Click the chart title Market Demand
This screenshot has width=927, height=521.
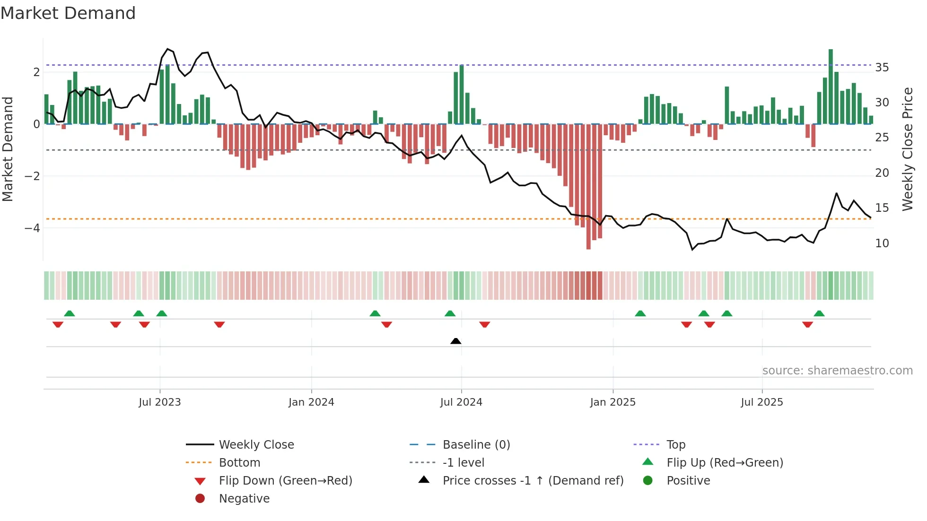(68, 13)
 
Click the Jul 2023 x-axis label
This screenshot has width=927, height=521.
(160, 402)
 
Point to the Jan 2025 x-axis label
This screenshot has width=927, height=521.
(613, 402)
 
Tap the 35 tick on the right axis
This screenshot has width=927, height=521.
(882, 68)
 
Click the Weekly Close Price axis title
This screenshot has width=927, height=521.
(907, 149)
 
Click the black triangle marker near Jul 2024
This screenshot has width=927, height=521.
(456, 341)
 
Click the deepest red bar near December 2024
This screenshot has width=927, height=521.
(588, 187)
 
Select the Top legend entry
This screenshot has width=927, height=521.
(675, 445)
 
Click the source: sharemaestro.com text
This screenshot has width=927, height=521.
(837, 371)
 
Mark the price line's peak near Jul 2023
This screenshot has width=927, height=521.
(167, 49)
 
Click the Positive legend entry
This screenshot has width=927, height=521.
(688, 481)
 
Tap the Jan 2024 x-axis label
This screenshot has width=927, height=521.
(311, 402)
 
